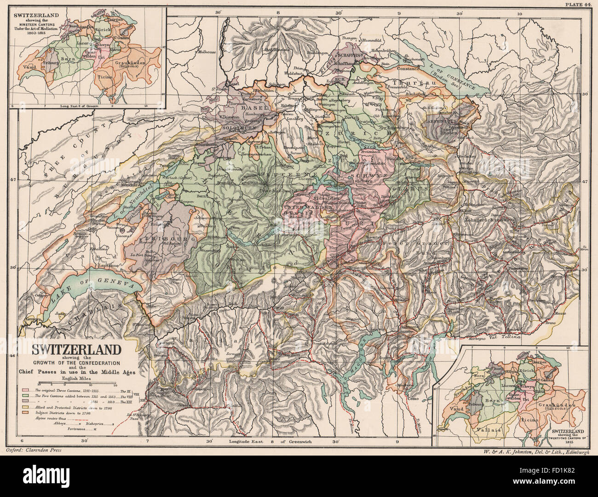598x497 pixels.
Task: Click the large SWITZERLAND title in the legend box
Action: point(76,349)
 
